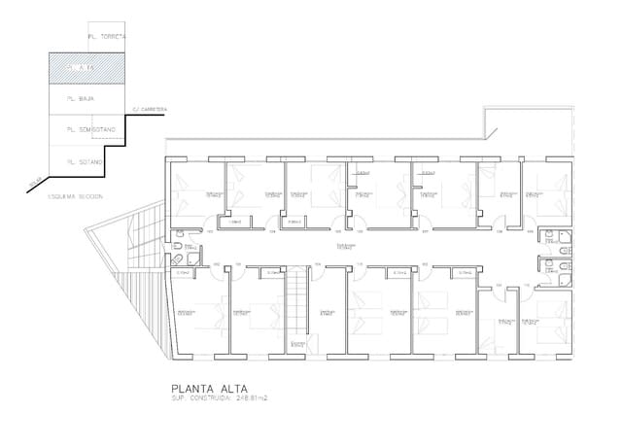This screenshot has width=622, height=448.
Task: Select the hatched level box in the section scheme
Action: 88,69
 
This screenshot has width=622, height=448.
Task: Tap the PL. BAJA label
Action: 81,99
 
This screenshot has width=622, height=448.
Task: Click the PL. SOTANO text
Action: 84,161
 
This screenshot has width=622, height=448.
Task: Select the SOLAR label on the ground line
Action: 35,183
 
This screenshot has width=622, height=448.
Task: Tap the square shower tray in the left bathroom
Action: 177,259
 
